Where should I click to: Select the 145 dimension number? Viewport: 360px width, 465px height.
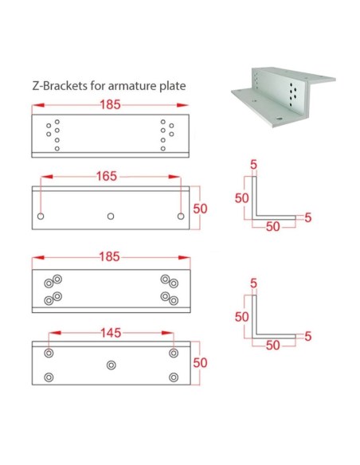[x=111, y=334]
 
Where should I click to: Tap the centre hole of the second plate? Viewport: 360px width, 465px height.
[x=111, y=215]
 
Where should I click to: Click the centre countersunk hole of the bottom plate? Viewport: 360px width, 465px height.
[x=111, y=364]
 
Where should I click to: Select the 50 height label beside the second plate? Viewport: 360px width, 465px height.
[x=201, y=209]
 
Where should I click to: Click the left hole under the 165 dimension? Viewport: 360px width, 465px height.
[x=41, y=215]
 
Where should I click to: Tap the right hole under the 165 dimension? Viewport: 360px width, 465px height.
[x=181, y=215]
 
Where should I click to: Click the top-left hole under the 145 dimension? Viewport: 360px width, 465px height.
[x=49, y=353]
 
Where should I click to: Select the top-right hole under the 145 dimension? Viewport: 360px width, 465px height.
[x=173, y=353]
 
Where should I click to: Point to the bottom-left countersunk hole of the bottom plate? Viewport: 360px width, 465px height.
[x=49, y=376]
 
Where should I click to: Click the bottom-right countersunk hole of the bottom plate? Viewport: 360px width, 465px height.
[x=173, y=376]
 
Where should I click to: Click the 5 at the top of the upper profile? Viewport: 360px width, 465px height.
[x=252, y=164]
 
